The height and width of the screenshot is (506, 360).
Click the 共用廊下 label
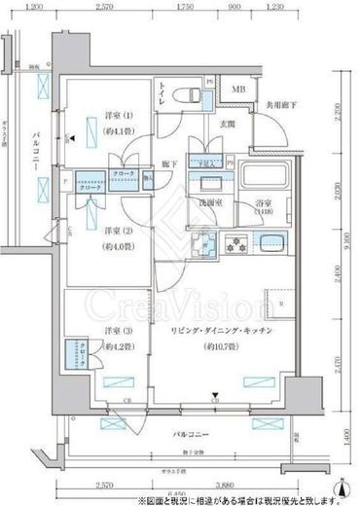(283, 105)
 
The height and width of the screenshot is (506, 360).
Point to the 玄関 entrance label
(226, 124)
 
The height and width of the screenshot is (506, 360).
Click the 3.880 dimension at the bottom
(227, 485)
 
